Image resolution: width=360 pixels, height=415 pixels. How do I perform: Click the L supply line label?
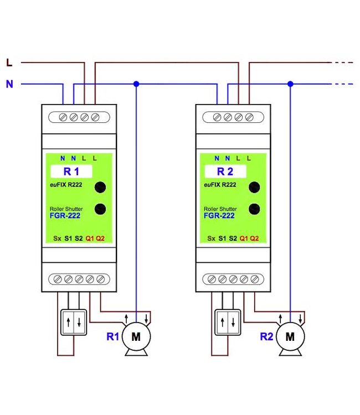click(x=9, y=63)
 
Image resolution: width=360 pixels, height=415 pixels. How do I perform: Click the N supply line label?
click(x=9, y=84)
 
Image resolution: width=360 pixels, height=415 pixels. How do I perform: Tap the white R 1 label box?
click(x=71, y=172)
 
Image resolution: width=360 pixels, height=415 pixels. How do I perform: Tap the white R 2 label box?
click(x=225, y=172)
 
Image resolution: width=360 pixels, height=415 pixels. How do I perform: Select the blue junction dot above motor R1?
click(x=136, y=84)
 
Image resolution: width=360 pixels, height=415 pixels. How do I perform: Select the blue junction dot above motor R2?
click(x=290, y=84)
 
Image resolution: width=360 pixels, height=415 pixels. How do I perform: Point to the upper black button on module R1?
click(x=100, y=187)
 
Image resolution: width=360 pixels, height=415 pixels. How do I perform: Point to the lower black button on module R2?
click(x=254, y=209)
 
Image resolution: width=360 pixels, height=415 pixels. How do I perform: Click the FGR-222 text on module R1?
click(x=65, y=216)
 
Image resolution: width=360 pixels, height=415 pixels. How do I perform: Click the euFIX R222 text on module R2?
click(x=220, y=185)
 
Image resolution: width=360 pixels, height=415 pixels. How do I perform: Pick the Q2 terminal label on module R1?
click(x=100, y=238)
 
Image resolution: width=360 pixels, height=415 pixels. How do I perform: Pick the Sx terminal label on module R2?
click(x=211, y=238)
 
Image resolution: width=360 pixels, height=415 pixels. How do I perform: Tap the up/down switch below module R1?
click(x=74, y=323)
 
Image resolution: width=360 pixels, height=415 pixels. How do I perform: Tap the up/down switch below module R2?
click(x=228, y=323)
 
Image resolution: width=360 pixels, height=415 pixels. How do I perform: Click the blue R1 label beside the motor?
click(x=112, y=336)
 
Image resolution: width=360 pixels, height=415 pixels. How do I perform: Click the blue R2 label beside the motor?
click(x=266, y=336)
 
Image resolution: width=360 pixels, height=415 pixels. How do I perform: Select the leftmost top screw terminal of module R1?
click(x=63, y=117)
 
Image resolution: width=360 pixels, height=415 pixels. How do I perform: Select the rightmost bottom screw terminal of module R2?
click(x=255, y=279)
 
